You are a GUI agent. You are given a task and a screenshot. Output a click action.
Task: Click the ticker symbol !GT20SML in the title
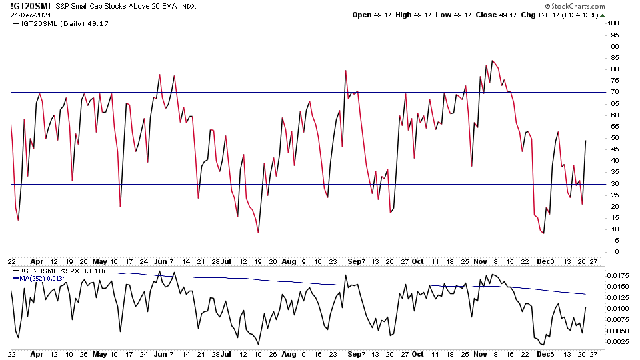[x=32, y=6]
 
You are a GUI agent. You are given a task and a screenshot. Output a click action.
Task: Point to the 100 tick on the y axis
[x=614, y=23]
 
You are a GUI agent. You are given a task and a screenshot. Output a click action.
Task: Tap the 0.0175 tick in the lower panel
[x=617, y=275]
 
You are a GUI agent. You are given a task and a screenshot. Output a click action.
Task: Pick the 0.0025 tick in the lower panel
[x=617, y=342]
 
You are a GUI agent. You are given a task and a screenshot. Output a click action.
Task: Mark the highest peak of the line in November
[x=492, y=61]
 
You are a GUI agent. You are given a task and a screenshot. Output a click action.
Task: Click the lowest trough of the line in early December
[x=544, y=233]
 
